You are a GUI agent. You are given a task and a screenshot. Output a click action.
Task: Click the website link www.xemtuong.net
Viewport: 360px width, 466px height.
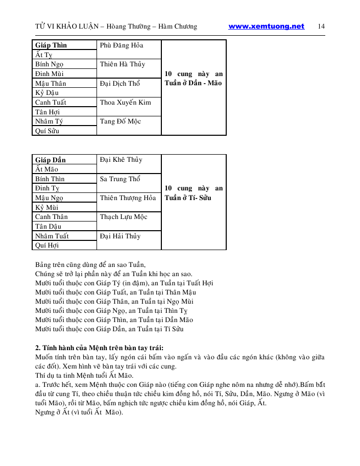(x=266, y=27)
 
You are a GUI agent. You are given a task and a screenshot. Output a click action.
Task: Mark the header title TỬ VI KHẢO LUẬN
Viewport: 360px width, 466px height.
(x=65, y=27)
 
